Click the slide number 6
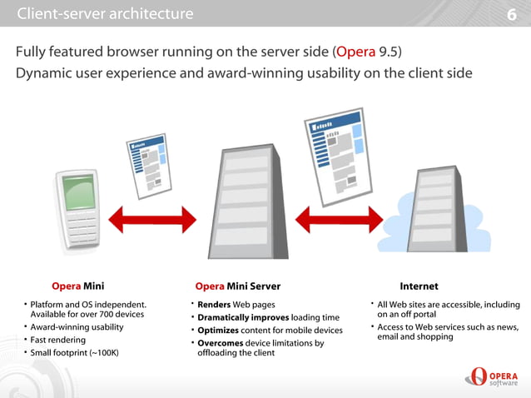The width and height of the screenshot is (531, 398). tap(512, 15)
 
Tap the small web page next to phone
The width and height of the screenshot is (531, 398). tap(149, 167)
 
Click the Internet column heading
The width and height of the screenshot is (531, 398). tap(419, 286)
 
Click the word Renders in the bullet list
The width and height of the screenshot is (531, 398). tap(214, 305)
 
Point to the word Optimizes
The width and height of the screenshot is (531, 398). tap(220, 331)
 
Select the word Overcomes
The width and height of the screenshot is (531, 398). tap(222, 343)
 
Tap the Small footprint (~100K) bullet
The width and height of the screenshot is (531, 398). tap(74, 353)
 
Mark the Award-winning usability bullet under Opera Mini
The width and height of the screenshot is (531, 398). tap(77, 327)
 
